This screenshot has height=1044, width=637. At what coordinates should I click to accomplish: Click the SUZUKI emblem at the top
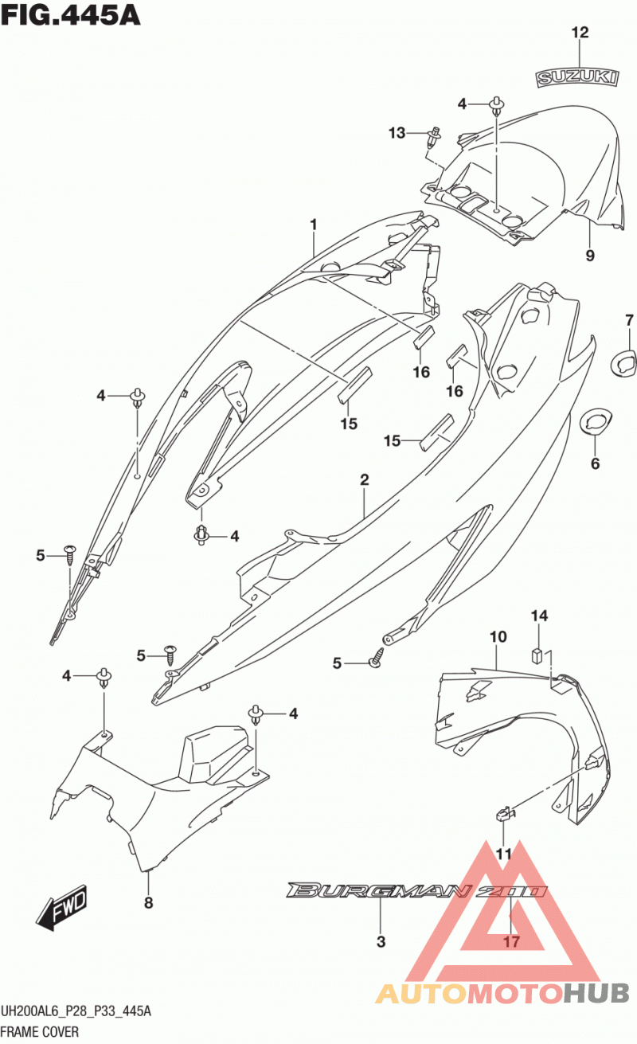click(x=577, y=77)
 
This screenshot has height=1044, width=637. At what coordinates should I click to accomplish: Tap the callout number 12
click(x=580, y=33)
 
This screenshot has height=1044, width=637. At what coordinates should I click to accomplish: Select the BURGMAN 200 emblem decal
click(x=417, y=890)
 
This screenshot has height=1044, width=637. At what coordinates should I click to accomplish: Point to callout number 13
click(x=397, y=133)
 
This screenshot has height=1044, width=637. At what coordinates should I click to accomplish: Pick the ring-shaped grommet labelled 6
click(x=595, y=421)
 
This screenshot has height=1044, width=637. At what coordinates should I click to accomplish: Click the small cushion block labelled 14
click(x=537, y=655)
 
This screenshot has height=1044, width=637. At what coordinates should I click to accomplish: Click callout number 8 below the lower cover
click(x=148, y=903)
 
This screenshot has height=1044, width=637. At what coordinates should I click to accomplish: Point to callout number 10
click(x=498, y=636)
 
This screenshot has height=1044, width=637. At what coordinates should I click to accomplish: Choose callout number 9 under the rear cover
click(x=590, y=256)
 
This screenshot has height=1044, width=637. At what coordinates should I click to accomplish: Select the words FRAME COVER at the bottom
click(x=40, y=1032)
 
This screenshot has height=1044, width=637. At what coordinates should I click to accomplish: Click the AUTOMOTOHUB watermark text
click(x=502, y=993)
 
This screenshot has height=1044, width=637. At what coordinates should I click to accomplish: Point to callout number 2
click(x=365, y=479)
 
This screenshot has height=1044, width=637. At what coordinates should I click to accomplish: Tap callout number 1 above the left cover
click(x=314, y=225)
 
